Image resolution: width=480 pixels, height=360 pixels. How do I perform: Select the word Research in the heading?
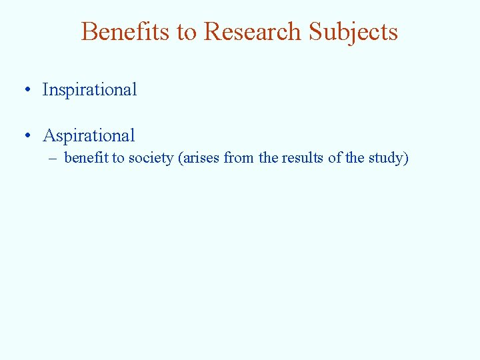(253, 31)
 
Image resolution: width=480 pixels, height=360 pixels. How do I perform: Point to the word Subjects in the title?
(353, 31)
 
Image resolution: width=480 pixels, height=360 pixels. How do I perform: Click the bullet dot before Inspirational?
(27, 90)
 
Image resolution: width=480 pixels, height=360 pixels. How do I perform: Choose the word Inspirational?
(89, 89)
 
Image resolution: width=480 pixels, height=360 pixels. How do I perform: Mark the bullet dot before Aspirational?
(27, 136)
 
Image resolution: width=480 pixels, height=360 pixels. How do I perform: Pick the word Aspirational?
(89, 136)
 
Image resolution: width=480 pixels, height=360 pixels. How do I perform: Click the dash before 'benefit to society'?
(52, 159)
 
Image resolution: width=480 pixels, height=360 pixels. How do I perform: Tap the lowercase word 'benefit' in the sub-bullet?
(86, 158)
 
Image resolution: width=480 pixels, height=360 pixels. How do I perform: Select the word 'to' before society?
(118, 158)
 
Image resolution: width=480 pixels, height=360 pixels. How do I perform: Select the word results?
(301, 158)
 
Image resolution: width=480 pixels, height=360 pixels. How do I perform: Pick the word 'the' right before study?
(355, 158)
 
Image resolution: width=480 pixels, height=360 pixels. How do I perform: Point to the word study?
(385, 158)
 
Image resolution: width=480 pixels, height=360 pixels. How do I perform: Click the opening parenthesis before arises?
(179, 158)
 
